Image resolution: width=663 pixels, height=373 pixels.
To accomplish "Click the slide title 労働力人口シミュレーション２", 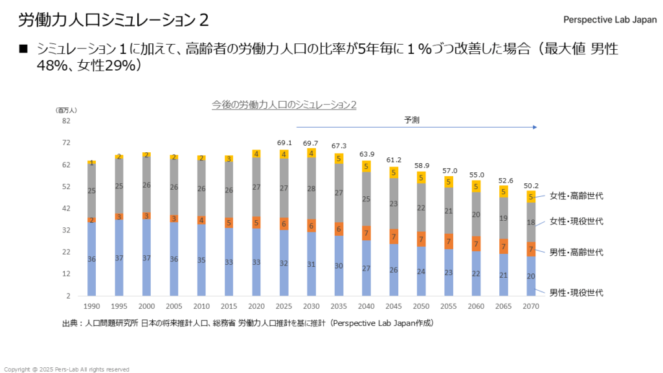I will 113,20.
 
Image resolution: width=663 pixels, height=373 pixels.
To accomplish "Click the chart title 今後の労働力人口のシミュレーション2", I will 284,104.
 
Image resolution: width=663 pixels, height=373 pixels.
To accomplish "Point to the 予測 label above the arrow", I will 412,120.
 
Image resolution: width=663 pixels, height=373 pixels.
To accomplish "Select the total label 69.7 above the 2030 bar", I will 311,142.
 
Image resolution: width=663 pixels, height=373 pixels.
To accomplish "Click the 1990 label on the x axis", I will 92,305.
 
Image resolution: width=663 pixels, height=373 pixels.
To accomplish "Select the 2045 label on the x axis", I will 394,305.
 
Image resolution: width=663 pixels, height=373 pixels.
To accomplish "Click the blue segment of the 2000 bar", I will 147,258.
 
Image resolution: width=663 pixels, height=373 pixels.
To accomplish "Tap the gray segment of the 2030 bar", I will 311,188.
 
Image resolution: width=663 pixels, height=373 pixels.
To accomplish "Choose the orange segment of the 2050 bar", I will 421,240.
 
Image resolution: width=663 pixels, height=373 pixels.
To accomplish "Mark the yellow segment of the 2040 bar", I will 366,166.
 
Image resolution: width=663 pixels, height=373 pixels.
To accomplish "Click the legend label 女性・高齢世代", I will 576,196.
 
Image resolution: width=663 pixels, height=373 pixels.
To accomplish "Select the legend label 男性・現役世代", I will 576,293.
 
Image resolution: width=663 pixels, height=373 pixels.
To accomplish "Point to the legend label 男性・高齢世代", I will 576,252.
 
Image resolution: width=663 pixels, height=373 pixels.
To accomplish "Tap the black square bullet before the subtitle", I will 24,49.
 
